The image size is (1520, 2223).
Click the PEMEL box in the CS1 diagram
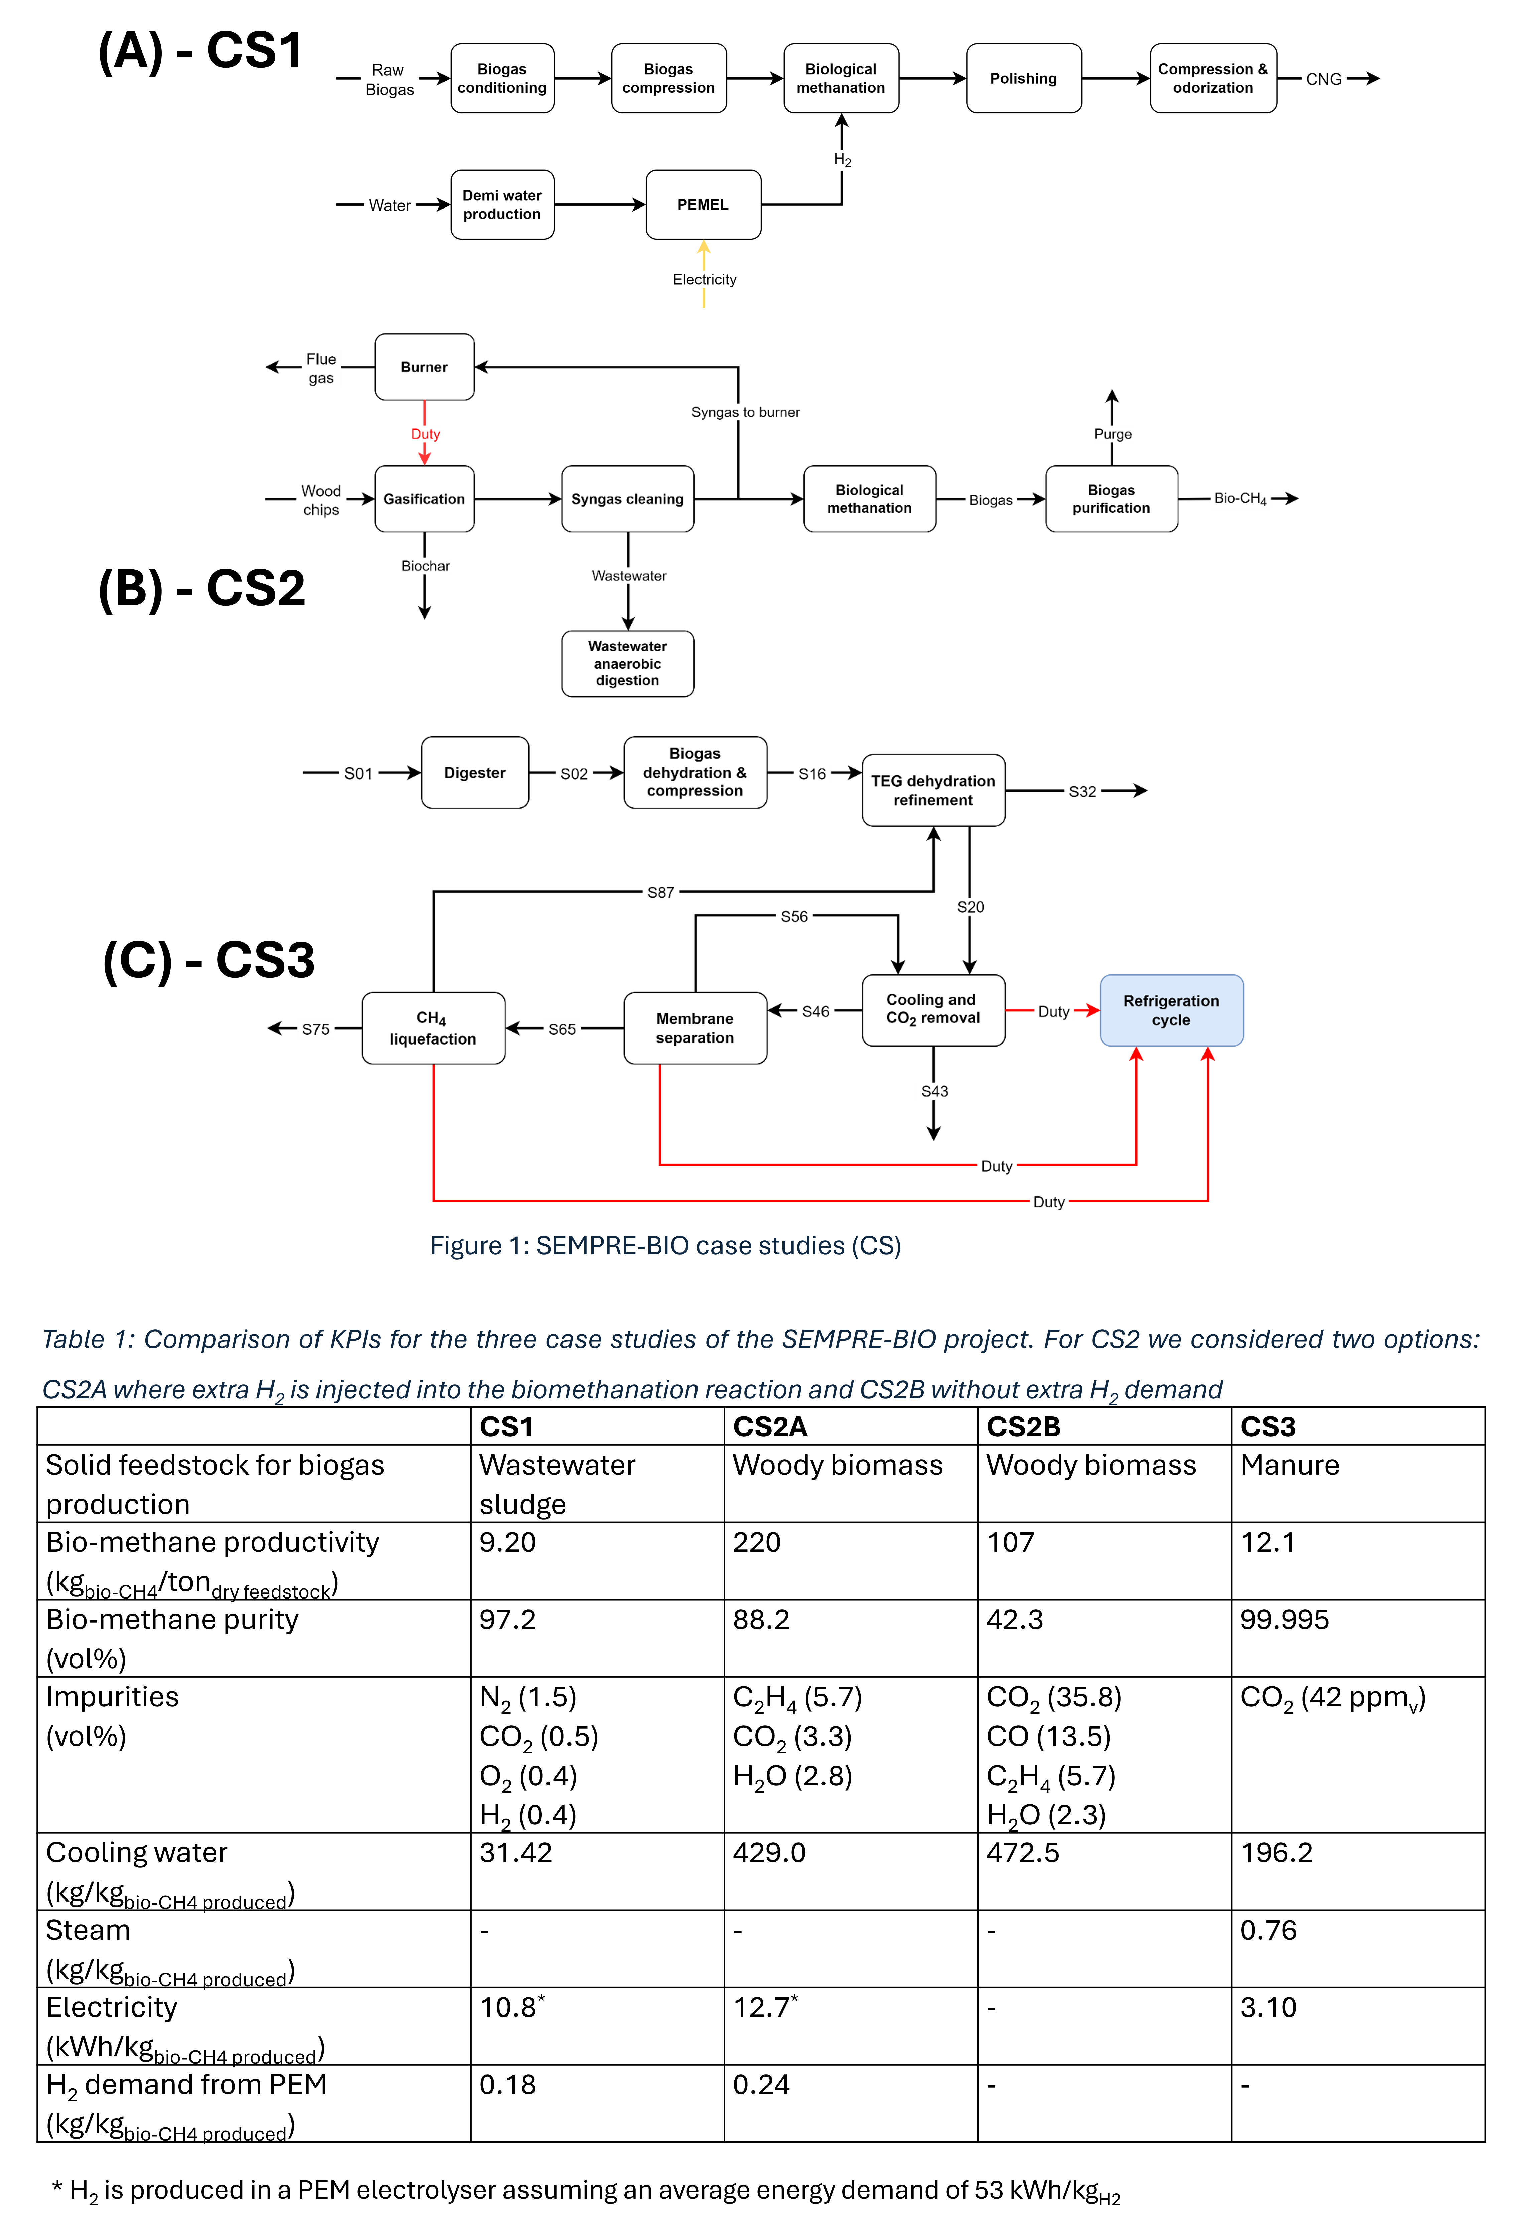(703, 205)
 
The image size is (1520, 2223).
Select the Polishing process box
(1024, 79)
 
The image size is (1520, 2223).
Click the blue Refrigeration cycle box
(1171, 1010)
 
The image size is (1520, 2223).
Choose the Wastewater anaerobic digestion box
(628, 664)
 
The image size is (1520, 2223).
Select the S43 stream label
(934, 1091)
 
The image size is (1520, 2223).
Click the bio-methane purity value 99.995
(1285, 1620)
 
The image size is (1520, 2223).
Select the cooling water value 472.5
(1023, 1853)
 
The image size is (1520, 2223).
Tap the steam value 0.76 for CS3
(1268, 1930)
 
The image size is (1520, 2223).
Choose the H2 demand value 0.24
(761, 2084)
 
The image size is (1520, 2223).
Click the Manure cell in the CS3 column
(1289, 1466)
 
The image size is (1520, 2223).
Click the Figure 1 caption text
(665, 1245)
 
